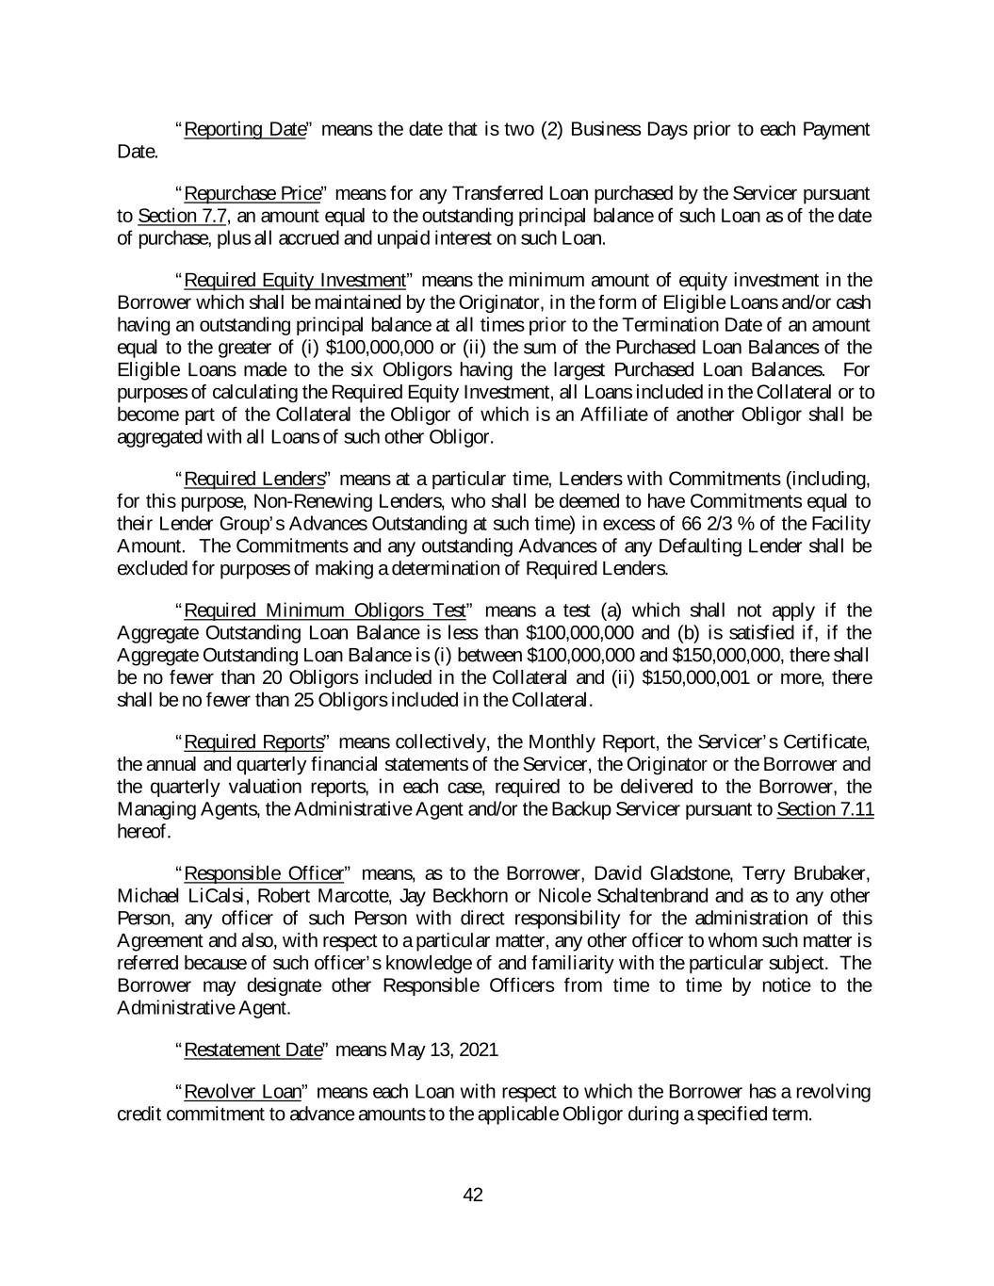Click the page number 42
coord(473,1196)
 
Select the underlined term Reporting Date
coord(245,129)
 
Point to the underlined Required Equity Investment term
coord(294,281)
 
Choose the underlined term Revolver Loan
coord(242,1092)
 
